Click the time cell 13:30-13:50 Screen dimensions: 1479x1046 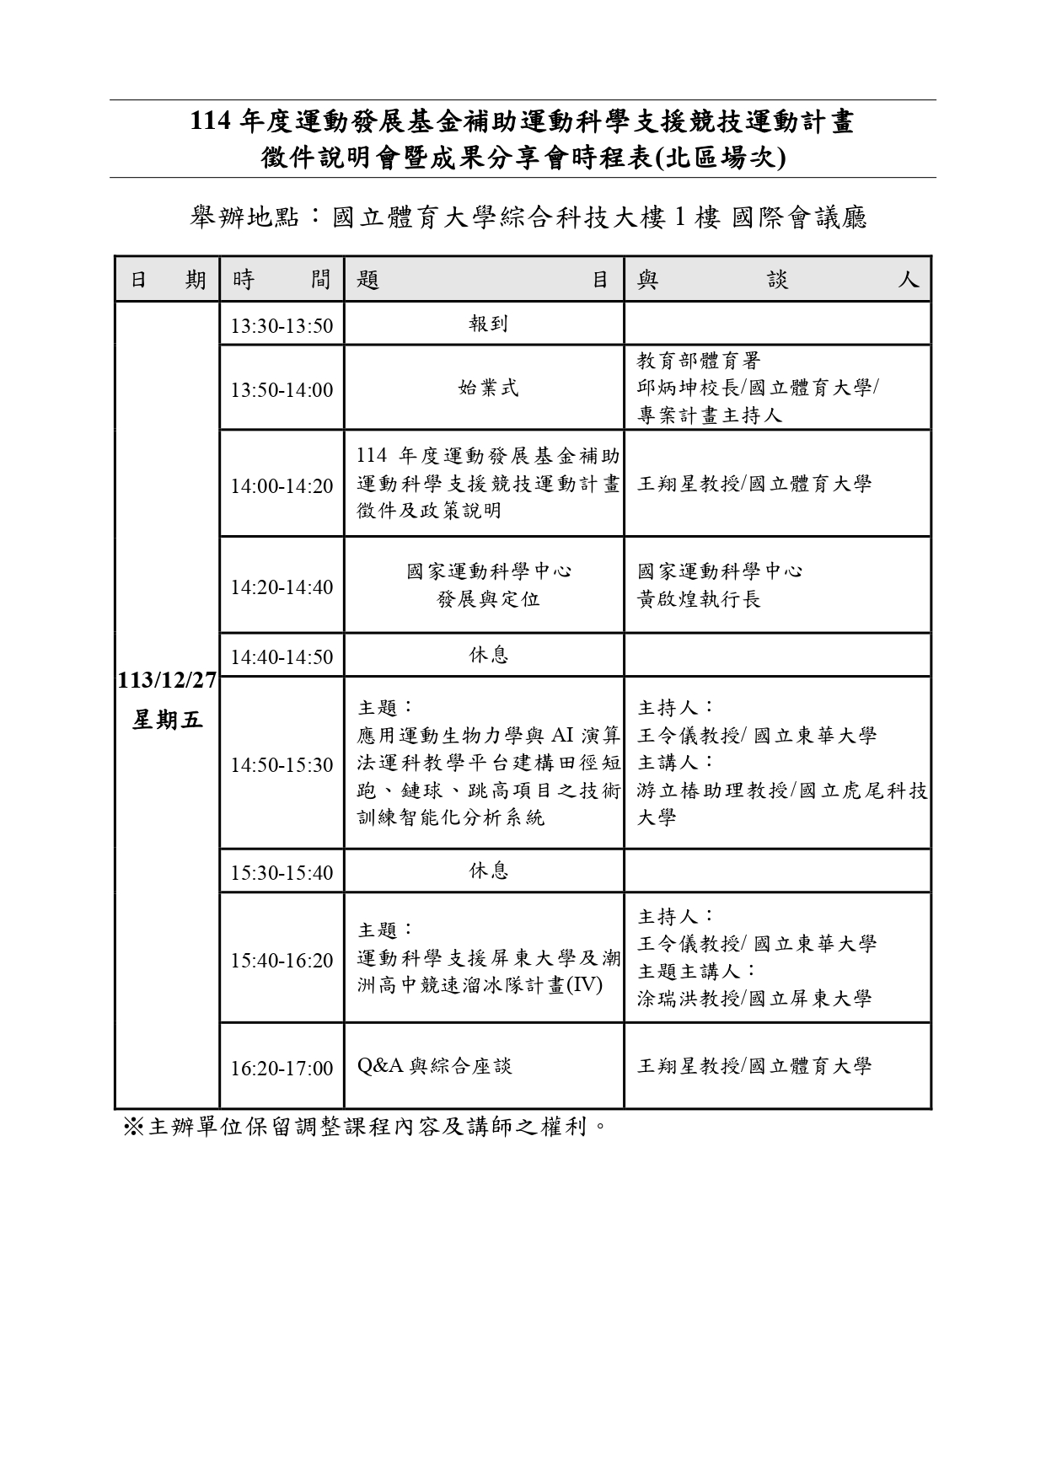282,326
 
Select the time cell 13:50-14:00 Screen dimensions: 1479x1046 282,390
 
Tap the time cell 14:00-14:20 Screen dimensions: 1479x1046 282,486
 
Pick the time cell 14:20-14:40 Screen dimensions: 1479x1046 282,587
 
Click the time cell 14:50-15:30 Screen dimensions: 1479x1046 282,765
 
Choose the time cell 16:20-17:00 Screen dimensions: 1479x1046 282,1069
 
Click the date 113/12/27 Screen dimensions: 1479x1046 167,680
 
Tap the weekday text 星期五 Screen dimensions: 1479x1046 167,721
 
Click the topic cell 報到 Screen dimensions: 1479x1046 488,324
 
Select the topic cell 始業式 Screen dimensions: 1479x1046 488,389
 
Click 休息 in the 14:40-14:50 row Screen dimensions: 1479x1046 488,656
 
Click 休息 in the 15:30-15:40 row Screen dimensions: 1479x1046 488,871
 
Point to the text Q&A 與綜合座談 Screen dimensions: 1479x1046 434,1067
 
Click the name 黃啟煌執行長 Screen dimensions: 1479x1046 699,600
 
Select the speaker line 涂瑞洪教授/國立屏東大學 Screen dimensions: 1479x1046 754,999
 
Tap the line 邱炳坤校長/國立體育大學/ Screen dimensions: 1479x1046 758,389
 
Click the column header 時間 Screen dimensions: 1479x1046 282,280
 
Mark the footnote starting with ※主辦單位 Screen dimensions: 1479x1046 366,1127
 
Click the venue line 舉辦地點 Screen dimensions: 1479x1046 529,218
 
